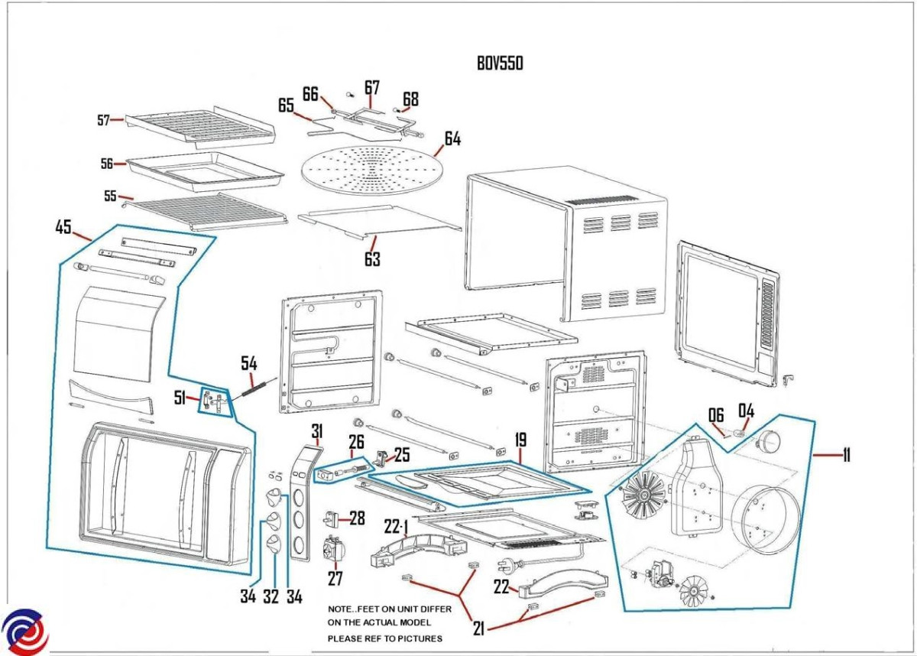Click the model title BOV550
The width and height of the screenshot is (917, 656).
(500, 63)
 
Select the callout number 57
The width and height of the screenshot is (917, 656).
(104, 119)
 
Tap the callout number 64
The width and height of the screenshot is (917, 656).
(452, 139)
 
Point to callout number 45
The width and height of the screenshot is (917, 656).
(63, 227)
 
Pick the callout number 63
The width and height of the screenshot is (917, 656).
(372, 260)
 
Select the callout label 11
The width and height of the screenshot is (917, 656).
(846, 456)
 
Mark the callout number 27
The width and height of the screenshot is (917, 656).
(335, 579)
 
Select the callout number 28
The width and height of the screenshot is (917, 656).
(357, 518)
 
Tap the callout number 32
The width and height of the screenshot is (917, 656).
(271, 596)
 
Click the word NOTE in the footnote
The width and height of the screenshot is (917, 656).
(342, 609)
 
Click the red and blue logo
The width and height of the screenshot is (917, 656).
(24, 632)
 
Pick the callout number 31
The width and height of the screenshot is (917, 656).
(317, 431)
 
